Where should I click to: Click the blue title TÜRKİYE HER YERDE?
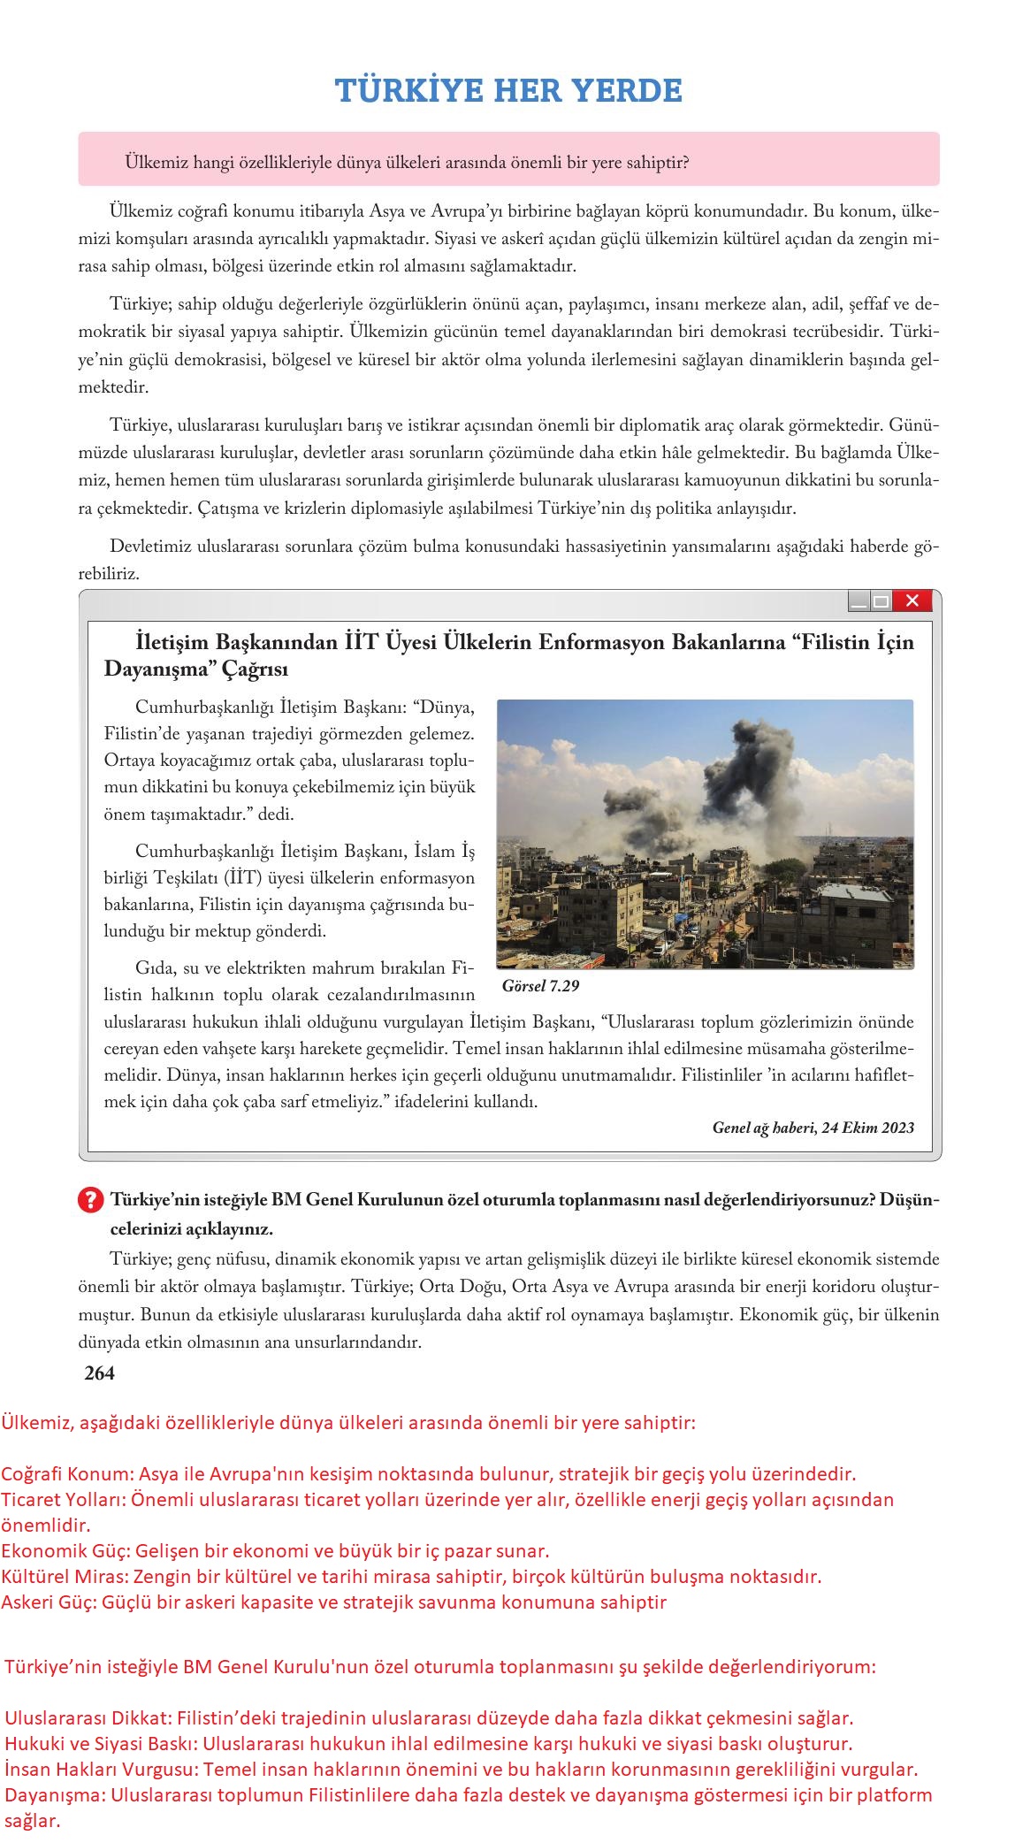point(508,90)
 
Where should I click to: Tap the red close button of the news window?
point(912,601)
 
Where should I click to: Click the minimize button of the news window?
point(859,602)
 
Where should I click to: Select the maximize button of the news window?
point(881,602)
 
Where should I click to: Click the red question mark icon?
point(91,1200)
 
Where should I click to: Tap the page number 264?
point(99,1373)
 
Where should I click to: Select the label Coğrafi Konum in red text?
point(66,1474)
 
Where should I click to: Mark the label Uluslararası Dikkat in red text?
point(86,1718)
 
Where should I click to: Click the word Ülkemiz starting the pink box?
point(152,163)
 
